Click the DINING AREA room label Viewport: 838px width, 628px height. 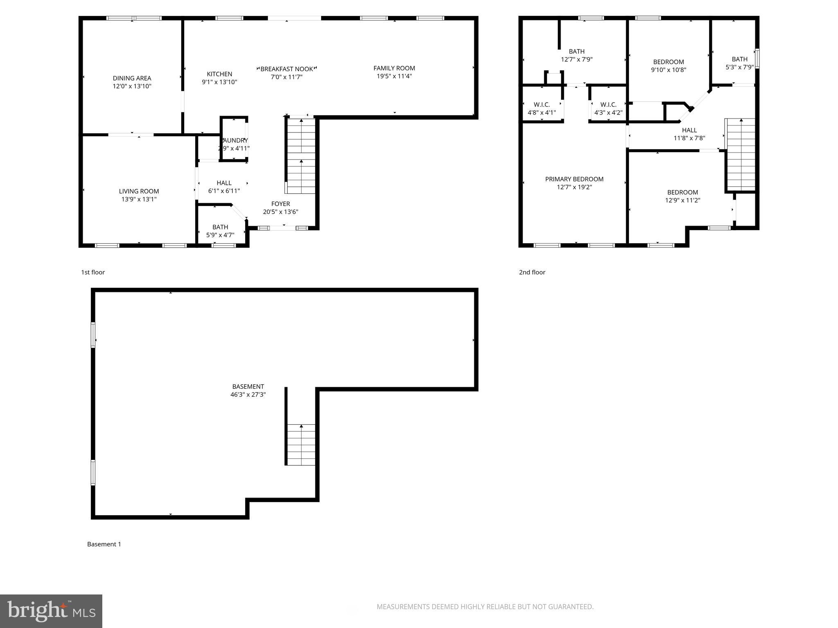click(132, 78)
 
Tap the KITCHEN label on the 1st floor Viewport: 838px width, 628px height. click(219, 74)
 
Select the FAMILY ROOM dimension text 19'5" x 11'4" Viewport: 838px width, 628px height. click(394, 76)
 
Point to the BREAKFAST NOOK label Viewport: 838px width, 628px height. click(286, 69)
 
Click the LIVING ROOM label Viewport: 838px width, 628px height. click(139, 191)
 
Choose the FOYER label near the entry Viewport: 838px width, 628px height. click(280, 204)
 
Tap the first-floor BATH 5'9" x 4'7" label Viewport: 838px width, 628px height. click(220, 231)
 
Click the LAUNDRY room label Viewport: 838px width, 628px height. click(234, 141)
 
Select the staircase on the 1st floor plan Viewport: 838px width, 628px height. click(301, 156)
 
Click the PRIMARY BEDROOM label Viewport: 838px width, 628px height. click(574, 179)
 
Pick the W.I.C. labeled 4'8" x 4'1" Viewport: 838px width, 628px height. click(541, 108)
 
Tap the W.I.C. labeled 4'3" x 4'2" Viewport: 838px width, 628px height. click(608, 108)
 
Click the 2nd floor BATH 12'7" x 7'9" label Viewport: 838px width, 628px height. click(577, 55)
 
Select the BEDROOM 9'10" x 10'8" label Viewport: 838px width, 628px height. click(668, 66)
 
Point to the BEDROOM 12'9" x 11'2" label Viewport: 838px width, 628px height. click(682, 196)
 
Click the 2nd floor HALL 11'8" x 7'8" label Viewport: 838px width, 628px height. click(689, 134)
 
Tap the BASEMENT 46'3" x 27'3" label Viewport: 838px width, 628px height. click(248, 390)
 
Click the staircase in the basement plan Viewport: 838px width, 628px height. click(301, 444)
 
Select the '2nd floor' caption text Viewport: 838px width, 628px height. click(532, 272)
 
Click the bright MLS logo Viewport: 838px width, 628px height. click(51, 611)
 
